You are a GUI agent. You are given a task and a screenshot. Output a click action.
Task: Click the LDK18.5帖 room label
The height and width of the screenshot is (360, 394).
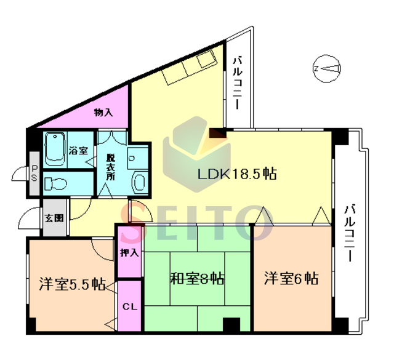(x=237, y=174)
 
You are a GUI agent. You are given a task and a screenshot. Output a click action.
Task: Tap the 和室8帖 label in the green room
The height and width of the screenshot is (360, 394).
(x=197, y=278)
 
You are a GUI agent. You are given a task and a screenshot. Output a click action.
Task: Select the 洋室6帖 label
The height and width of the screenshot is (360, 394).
(x=291, y=278)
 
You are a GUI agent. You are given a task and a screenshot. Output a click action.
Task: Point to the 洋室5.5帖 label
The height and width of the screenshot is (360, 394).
(x=72, y=284)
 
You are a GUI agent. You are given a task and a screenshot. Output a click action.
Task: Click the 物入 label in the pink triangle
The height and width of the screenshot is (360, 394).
(x=103, y=113)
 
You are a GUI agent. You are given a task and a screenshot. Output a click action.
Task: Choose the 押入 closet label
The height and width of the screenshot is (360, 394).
(x=129, y=252)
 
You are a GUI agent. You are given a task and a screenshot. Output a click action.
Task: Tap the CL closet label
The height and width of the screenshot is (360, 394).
(x=130, y=306)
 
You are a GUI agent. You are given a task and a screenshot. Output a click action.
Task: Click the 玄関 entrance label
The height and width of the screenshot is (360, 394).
(x=54, y=218)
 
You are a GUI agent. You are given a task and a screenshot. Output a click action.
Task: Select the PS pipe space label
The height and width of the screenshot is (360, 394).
(x=34, y=174)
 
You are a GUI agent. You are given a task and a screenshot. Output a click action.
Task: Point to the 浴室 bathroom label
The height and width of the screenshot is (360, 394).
(x=78, y=151)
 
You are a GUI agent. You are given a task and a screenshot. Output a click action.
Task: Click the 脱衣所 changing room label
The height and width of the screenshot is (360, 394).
(x=111, y=167)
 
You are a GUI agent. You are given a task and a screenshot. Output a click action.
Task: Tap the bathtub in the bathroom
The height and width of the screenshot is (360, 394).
(x=55, y=149)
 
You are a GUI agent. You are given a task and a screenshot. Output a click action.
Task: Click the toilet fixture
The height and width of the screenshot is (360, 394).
(x=56, y=183)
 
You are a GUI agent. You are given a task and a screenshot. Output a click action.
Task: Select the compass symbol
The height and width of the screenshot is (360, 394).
(x=327, y=68)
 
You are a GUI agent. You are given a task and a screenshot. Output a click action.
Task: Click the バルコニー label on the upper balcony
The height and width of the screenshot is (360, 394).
(x=238, y=84)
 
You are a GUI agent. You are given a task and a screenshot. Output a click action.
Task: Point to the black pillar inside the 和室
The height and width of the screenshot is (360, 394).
(x=231, y=325)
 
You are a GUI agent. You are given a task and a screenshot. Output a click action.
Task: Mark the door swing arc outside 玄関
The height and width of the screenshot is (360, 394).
(x=28, y=218)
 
